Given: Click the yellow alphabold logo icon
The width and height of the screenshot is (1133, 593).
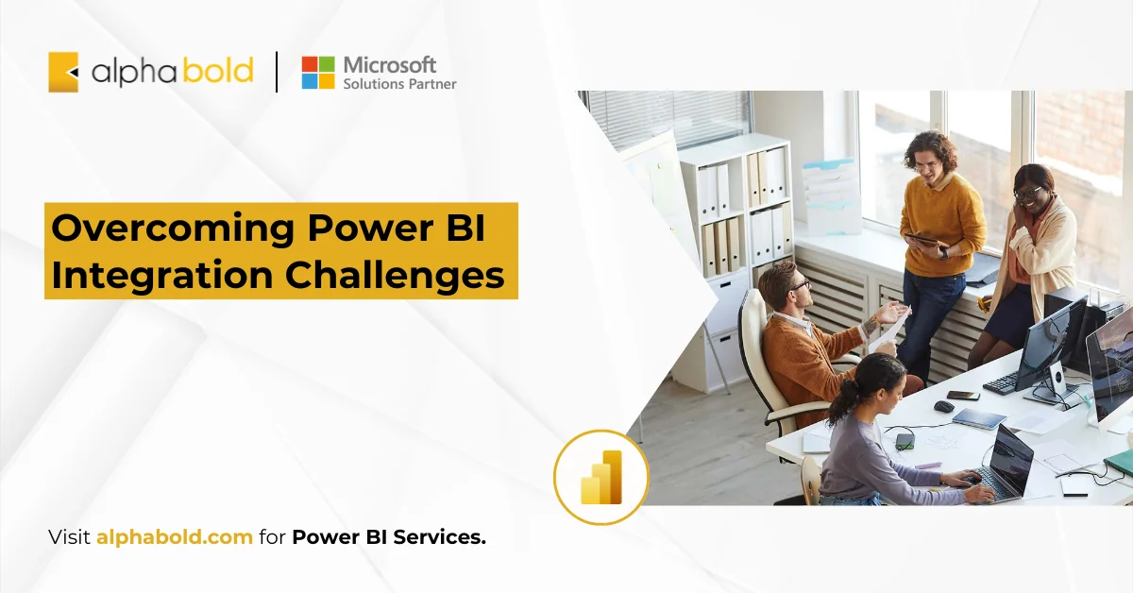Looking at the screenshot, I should pyautogui.click(x=63, y=72).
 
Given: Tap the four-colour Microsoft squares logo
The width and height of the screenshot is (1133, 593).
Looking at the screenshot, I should pyautogui.click(x=317, y=73).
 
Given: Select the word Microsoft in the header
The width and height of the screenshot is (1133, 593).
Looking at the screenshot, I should pyautogui.click(x=390, y=64).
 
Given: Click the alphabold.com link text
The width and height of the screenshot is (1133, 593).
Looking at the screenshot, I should pyautogui.click(x=174, y=538).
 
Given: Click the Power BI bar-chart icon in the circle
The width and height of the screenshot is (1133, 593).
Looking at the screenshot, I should pyautogui.click(x=601, y=477).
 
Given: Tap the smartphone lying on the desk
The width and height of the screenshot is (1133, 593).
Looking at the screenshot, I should pyautogui.click(x=963, y=395).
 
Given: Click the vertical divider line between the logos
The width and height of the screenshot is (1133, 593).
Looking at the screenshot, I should pyautogui.click(x=277, y=73).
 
